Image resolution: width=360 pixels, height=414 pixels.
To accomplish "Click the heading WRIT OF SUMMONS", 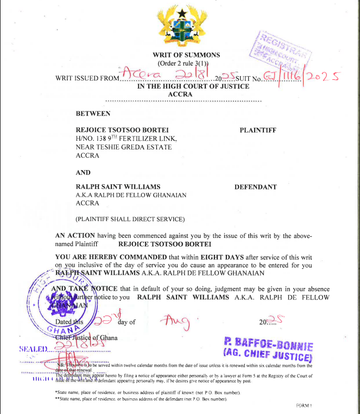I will click(x=186, y=55).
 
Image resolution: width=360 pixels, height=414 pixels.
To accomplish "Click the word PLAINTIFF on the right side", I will click(x=258, y=130).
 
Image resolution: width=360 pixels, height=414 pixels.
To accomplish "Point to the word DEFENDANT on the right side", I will click(x=255, y=187).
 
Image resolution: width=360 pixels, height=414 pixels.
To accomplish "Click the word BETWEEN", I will click(x=93, y=114).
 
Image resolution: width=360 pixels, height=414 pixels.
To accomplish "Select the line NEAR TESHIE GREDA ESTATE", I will click(x=124, y=147).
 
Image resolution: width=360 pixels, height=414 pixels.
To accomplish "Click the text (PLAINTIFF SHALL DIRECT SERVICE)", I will click(x=130, y=219).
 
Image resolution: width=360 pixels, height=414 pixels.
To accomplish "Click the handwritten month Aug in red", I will click(x=176, y=323).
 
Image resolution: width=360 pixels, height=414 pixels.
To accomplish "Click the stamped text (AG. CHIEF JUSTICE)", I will click(x=268, y=356).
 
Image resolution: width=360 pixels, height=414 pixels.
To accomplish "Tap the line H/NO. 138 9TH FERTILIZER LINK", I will click(x=127, y=139).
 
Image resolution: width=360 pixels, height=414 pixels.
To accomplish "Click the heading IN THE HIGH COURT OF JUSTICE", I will click(x=193, y=86).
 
